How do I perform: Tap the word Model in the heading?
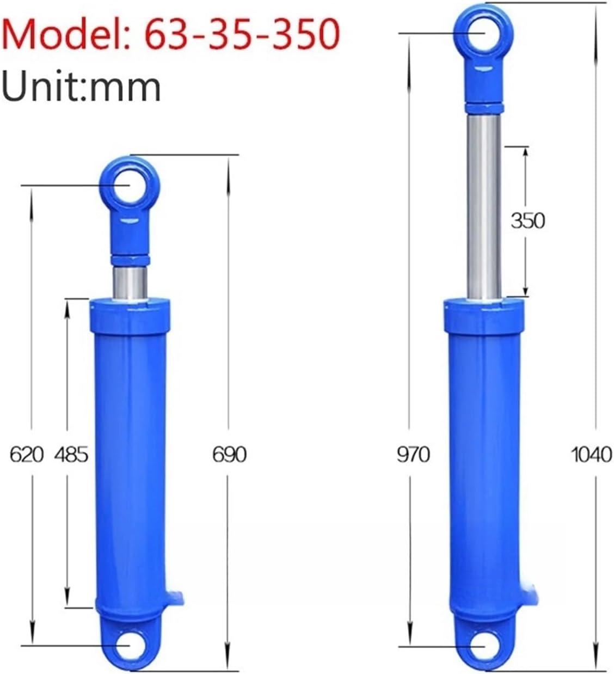coord(63,34)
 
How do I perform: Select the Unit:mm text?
coord(81,88)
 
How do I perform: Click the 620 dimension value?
coord(26,455)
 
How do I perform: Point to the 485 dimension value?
coord(71,455)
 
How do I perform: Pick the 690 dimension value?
coord(230,455)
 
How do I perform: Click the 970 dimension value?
coord(414,455)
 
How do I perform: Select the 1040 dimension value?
coord(592,455)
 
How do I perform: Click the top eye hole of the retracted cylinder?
coord(130,186)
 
